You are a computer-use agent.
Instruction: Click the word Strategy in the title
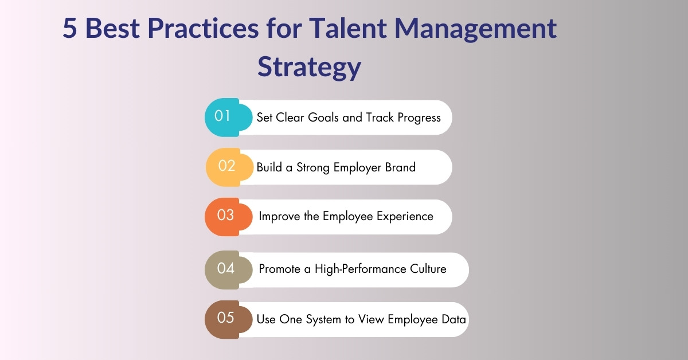point(309,66)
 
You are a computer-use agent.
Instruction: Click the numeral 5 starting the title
point(69,29)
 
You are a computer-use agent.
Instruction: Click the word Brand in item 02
point(400,167)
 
